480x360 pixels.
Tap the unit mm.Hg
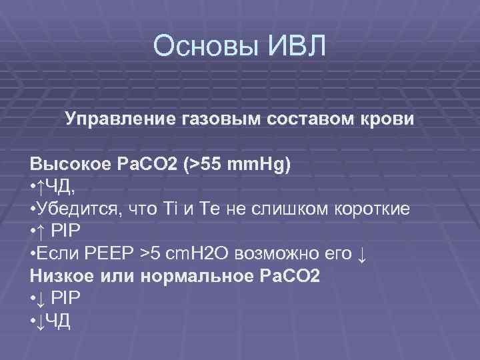click(259, 164)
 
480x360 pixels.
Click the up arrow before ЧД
click(40, 187)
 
